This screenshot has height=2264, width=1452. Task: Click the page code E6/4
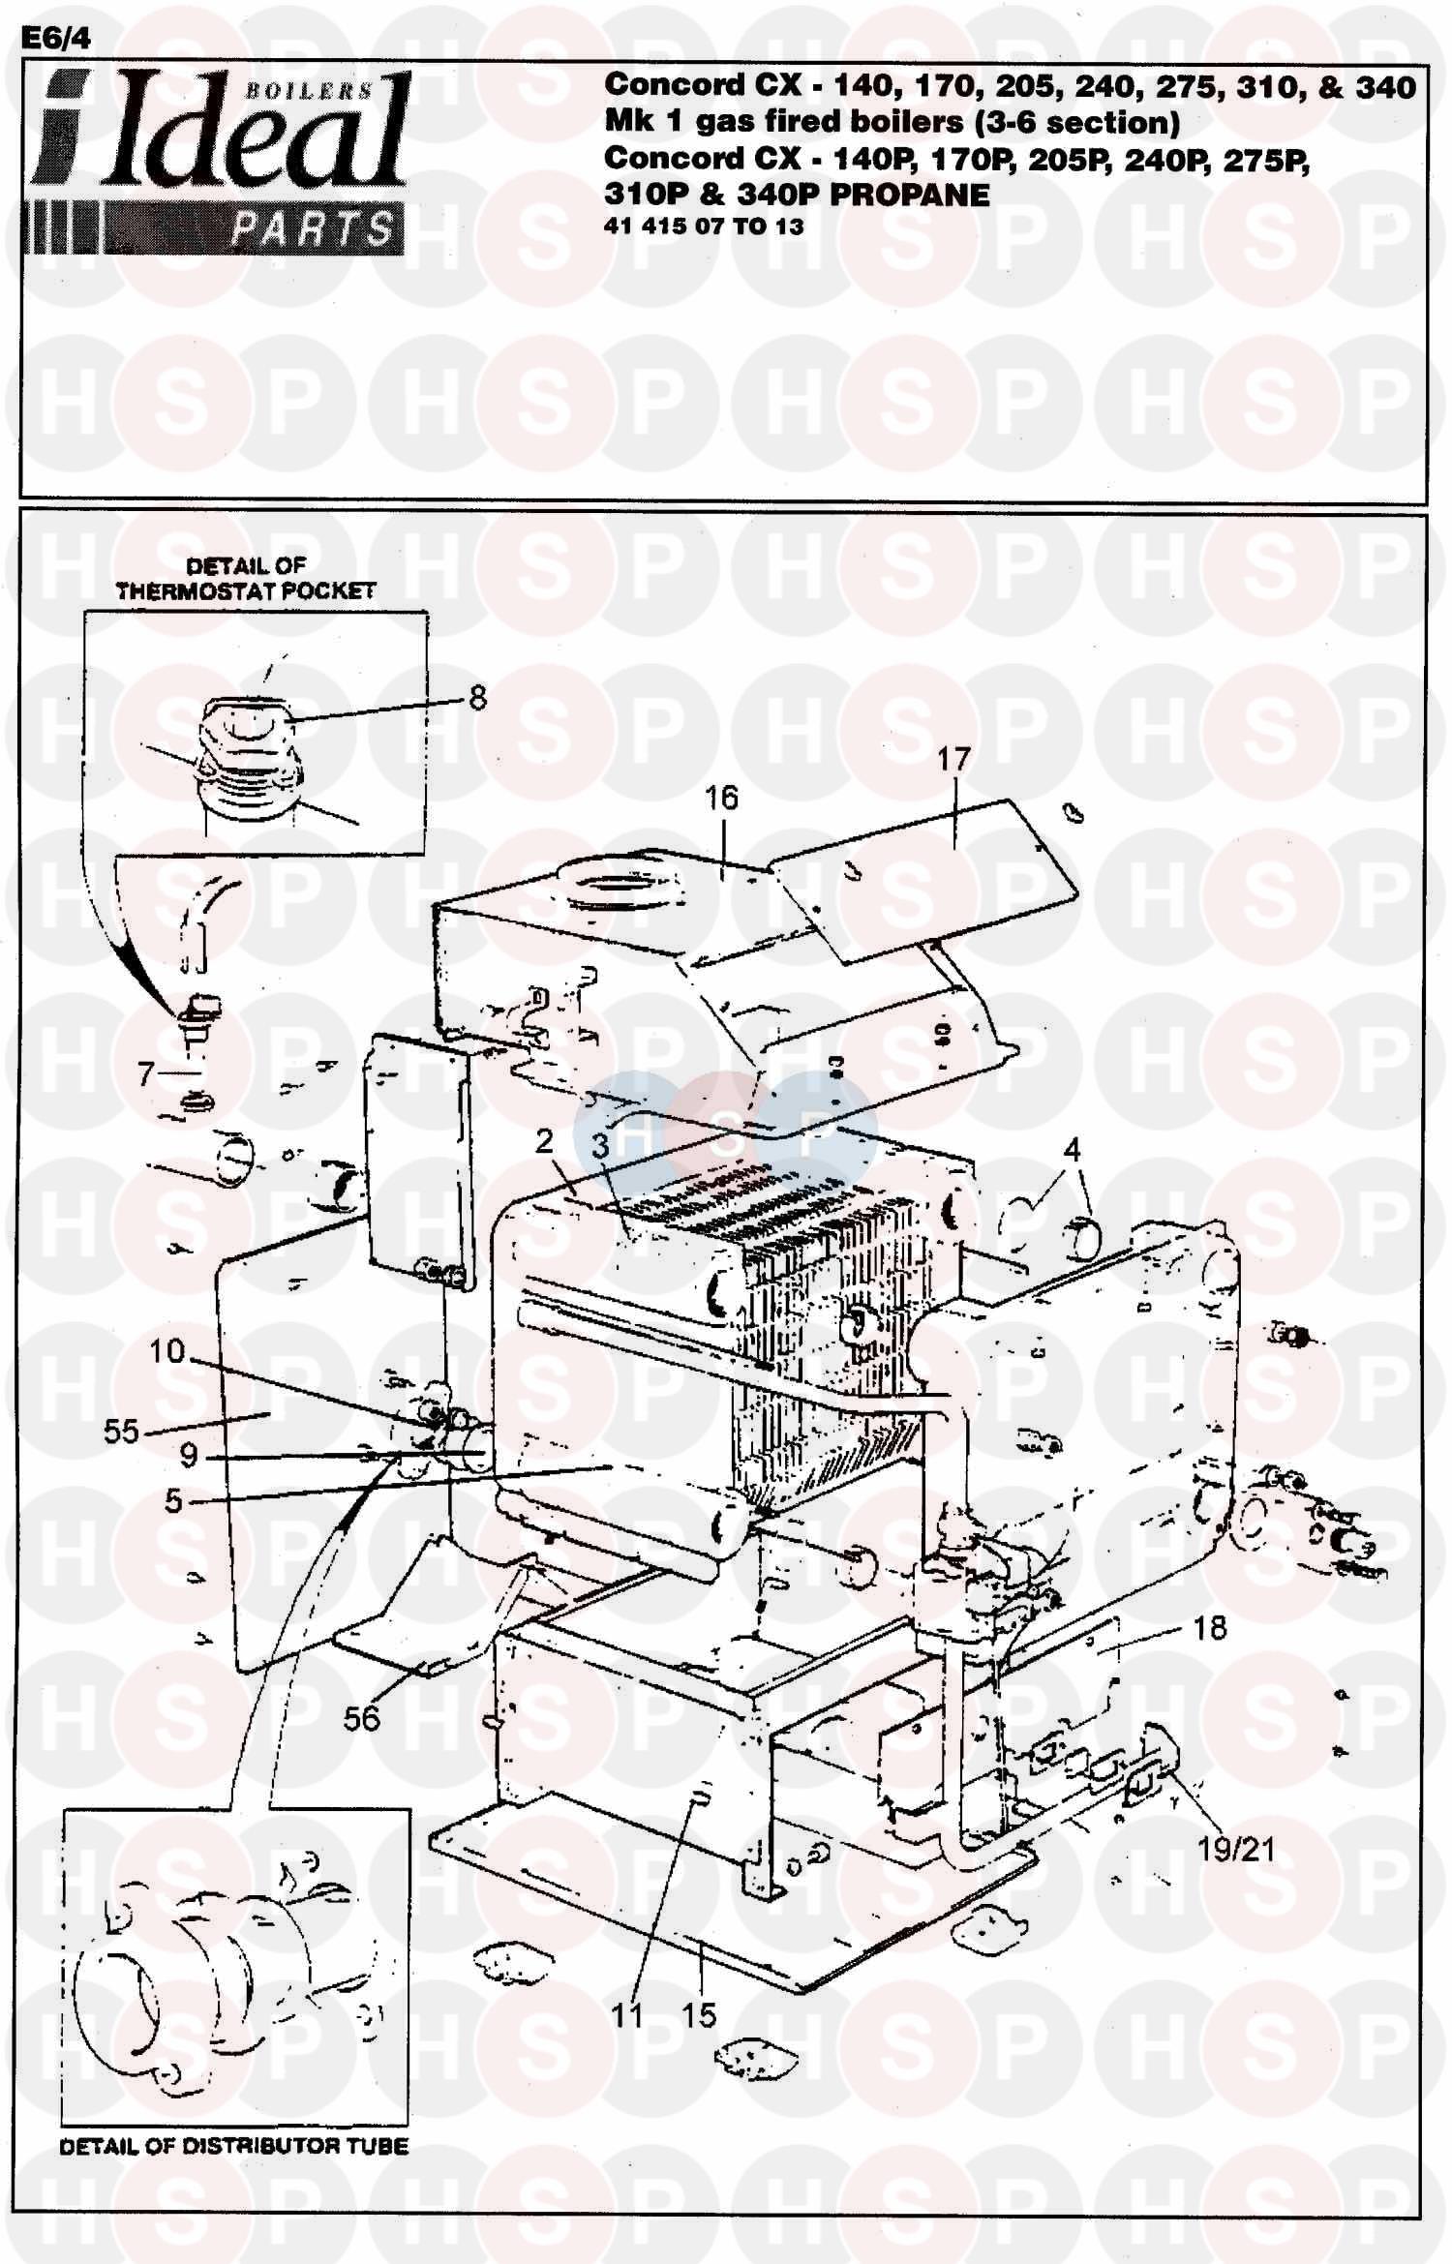coord(56,38)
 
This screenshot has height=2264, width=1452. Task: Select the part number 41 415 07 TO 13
coord(704,226)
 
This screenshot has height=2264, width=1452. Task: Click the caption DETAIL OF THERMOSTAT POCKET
coord(246,578)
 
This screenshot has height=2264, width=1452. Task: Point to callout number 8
coord(477,697)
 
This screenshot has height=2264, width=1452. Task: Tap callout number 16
coord(721,798)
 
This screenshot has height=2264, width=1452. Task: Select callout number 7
coord(146,1073)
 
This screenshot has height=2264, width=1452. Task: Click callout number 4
coord(1072,1150)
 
